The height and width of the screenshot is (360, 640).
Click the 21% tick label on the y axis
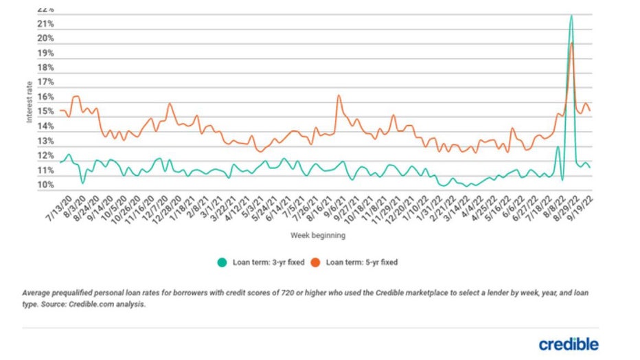tap(46, 24)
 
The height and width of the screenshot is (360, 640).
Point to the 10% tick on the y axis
tap(46, 185)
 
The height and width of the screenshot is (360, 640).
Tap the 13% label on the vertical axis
tap(46, 142)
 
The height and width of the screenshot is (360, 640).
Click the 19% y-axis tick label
tap(46, 54)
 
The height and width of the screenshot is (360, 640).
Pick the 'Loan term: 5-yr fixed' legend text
tap(362, 262)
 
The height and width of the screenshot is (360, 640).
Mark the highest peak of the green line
tap(571, 16)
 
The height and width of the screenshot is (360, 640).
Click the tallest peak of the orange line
tap(571, 43)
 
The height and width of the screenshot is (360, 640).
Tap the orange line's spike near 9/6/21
tap(339, 95)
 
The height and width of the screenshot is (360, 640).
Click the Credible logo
tap(568, 344)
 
